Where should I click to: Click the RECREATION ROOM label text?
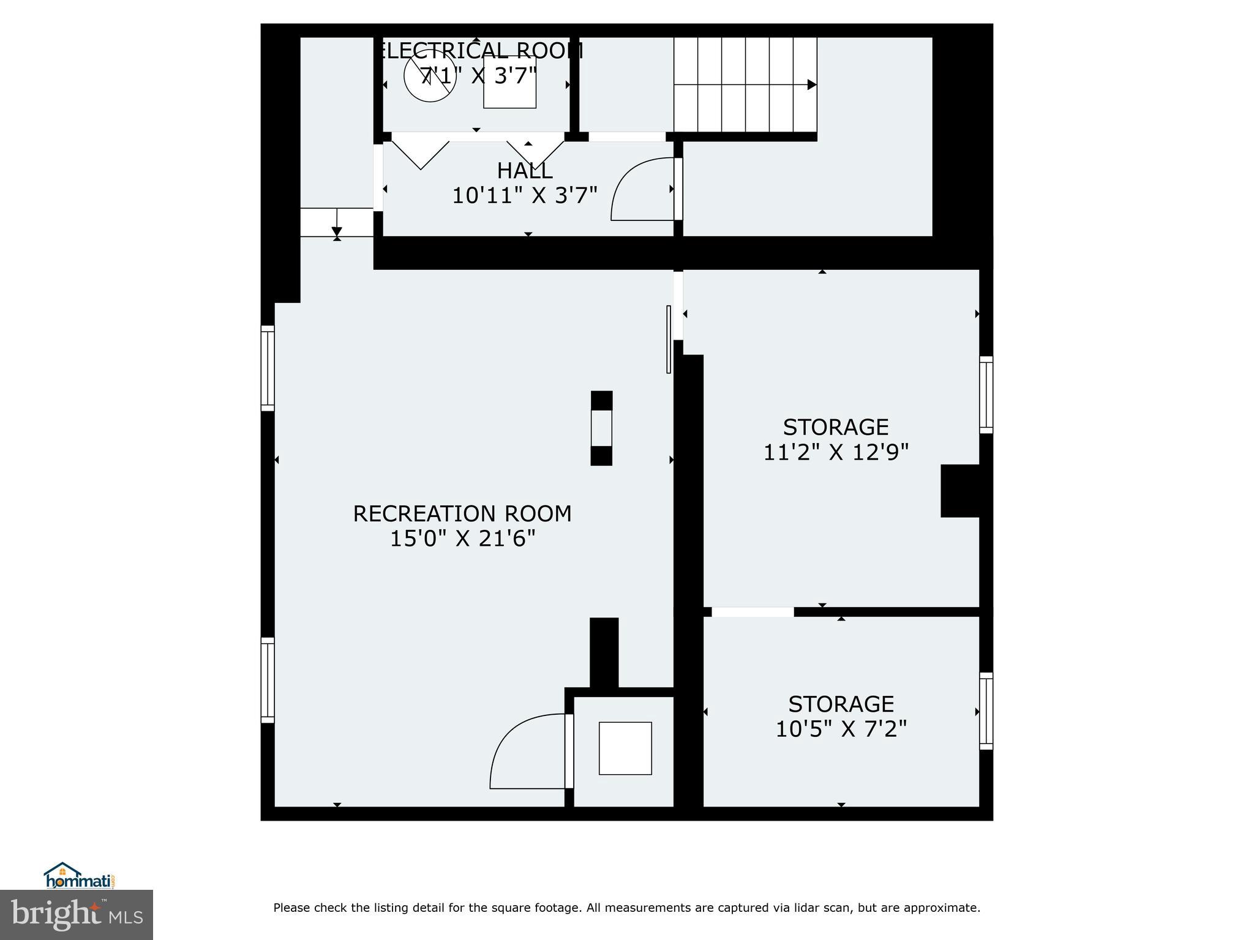point(462,513)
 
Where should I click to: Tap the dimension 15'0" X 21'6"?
point(462,539)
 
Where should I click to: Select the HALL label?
point(525,170)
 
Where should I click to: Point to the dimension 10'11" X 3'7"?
point(525,196)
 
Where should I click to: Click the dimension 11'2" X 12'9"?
point(836,452)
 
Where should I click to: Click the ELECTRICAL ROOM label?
point(478,51)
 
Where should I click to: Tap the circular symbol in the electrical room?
point(430,76)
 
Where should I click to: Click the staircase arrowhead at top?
point(811,84)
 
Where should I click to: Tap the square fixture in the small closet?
point(625,748)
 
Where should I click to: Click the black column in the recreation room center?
point(601,428)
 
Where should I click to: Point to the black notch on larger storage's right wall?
point(959,491)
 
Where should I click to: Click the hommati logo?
point(80,876)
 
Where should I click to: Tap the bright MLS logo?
point(77,914)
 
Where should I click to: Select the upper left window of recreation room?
point(268,368)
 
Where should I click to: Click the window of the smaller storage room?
point(986,711)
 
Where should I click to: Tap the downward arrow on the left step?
point(337,230)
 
